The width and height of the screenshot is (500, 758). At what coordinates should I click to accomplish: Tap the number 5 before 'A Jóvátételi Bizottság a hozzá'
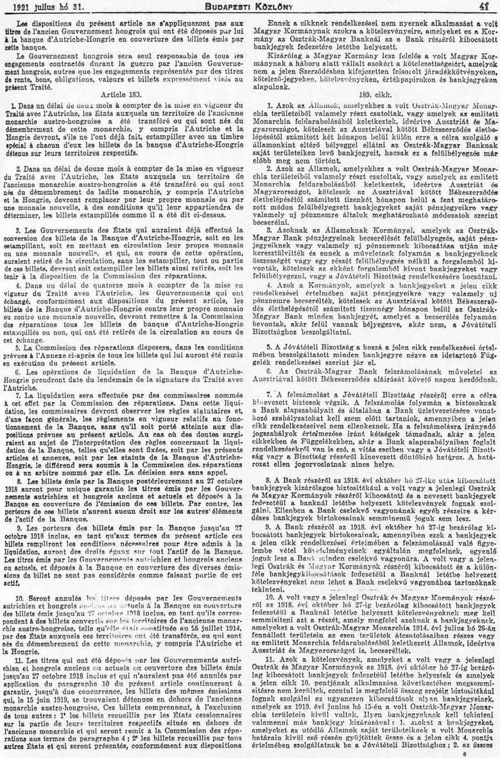pyautogui.click(x=269, y=346)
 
